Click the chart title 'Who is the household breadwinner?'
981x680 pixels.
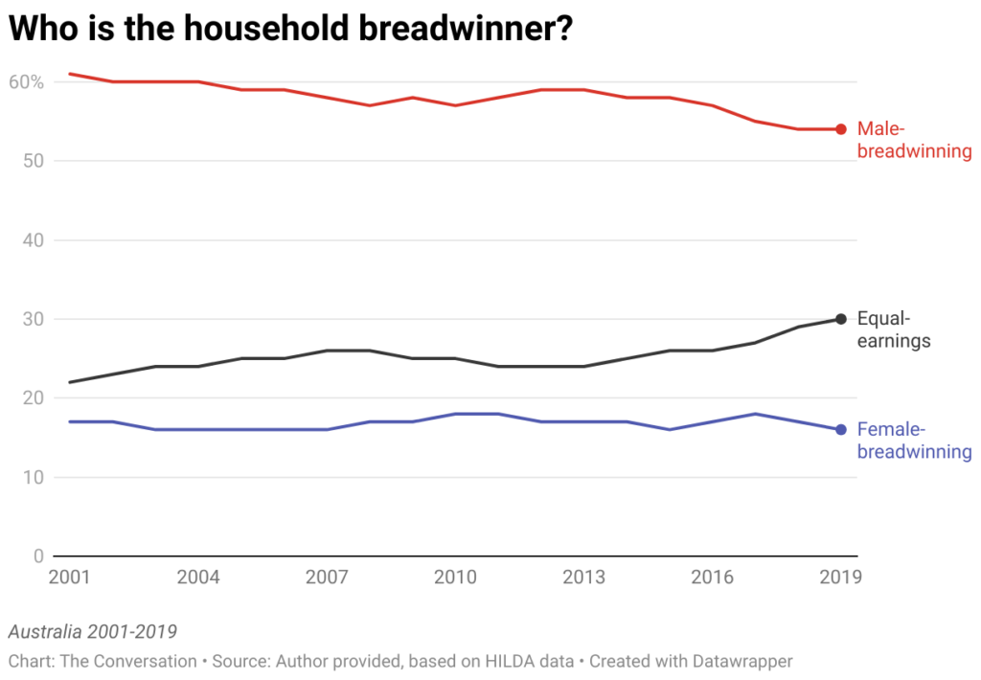(x=290, y=29)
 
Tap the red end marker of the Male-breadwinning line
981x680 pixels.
(x=840, y=129)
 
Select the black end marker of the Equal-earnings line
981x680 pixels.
(x=840, y=319)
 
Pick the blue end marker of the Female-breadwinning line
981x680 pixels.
(x=840, y=430)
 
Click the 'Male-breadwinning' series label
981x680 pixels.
(x=914, y=140)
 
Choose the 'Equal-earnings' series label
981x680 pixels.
(x=894, y=329)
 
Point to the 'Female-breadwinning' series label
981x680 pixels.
(x=914, y=441)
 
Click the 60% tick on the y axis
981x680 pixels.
(x=27, y=82)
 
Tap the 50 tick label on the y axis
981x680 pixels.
(x=34, y=161)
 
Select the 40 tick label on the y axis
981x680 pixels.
(x=34, y=240)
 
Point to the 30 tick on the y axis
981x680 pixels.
(x=34, y=319)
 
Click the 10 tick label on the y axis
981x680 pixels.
(x=34, y=477)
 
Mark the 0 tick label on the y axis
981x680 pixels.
(x=39, y=556)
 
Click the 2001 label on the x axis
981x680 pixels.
(x=70, y=578)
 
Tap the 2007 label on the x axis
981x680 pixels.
(x=327, y=578)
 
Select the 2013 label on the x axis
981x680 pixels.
(x=583, y=578)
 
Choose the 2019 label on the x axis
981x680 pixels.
(x=840, y=578)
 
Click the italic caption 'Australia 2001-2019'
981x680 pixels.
(x=92, y=632)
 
